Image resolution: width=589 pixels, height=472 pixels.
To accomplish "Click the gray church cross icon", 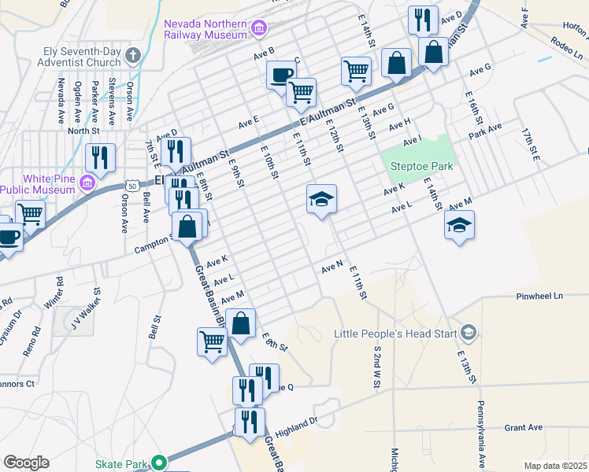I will tap(133, 56).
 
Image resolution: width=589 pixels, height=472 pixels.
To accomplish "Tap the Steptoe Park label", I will tap(421, 167).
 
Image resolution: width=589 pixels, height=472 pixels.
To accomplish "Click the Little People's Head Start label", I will tap(396, 334).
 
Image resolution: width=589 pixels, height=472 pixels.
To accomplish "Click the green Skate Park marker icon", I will tap(160, 463).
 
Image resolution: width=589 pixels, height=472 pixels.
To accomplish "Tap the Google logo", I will tap(26, 463).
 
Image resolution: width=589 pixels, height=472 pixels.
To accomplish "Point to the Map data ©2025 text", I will tap(555, 466).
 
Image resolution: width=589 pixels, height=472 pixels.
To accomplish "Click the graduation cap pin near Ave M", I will tap(460, 227).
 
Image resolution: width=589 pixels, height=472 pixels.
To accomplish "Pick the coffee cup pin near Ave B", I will tap(281, 75).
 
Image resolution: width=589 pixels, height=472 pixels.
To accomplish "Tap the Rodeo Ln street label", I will tap(565, 46).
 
